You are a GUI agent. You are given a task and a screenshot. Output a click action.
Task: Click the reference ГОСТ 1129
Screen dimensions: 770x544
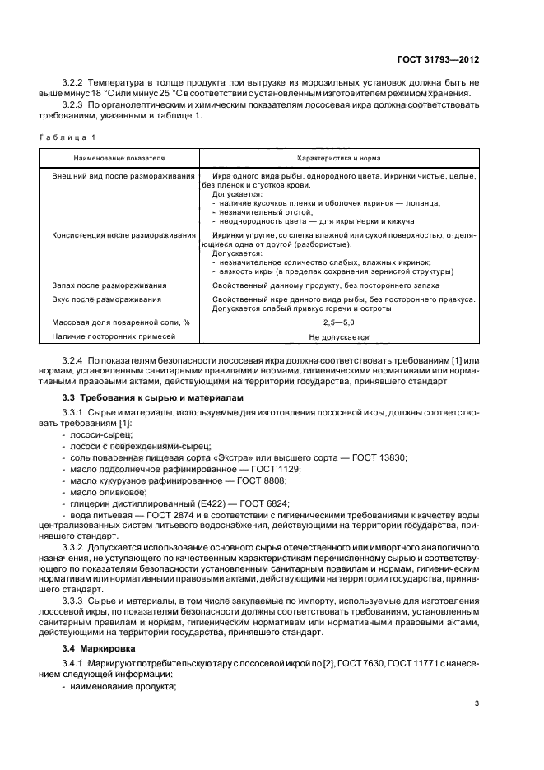click(x=277, y=469)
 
